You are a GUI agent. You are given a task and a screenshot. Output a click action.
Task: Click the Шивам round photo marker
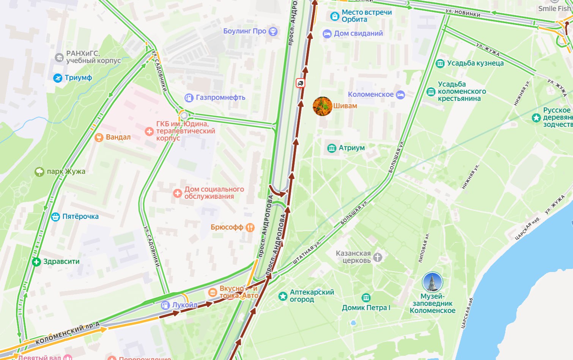(x=322, y=106)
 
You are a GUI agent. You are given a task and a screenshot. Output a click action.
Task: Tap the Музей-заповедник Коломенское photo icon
(x=432, y=282)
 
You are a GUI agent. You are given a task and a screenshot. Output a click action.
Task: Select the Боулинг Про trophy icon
(x=273, y=31)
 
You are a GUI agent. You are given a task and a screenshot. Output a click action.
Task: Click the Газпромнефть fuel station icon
(x=189, y=98)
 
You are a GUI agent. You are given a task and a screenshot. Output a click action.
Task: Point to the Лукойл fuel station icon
(x=165, y=305)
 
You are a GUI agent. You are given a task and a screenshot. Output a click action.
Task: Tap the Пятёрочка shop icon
(x=55, y=217)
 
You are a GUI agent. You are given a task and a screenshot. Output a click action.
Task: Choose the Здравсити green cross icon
(x=36, y=262)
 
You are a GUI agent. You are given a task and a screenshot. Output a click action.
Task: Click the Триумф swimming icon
(x=58, y=78)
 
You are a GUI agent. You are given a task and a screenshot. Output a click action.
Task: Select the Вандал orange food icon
(x=99, y=137)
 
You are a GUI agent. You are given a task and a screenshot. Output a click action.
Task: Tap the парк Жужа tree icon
(x=39, y=172)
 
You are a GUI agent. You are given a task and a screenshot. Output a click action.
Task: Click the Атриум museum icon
(x=332, y=148)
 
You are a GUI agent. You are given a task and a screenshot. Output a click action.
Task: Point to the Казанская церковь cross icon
(x=377, y=257)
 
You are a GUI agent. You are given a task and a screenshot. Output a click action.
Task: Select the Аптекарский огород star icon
(x=283, y=296)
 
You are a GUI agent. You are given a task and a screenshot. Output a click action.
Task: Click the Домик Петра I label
(x=366, y=308)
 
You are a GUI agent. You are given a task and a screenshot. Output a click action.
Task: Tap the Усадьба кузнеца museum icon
(x=440, y=63)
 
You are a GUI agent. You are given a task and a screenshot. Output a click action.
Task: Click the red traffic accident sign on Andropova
(x=301, y=83)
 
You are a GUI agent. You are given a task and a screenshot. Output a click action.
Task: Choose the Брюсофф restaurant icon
(x=250, y=228)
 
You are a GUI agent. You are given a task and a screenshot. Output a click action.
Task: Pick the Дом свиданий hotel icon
(x=327, y=34)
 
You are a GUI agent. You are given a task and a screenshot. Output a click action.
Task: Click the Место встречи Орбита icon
(x=335, y=16)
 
